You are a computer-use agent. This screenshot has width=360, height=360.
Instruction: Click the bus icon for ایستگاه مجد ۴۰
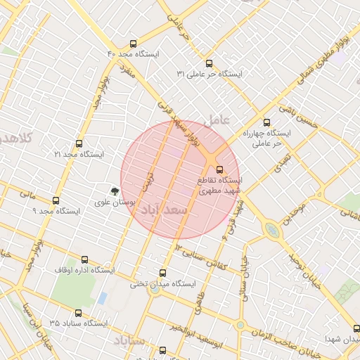(x=133, y=44)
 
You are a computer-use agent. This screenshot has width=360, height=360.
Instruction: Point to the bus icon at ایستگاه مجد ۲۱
(x=78, y=143)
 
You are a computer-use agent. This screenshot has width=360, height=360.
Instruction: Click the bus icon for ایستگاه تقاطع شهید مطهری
(x=219, y=169)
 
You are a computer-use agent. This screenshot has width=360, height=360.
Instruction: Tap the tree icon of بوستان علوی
(x=115, y=190)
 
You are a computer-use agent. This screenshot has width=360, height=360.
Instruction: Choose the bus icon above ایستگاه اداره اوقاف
(x=85, y=259)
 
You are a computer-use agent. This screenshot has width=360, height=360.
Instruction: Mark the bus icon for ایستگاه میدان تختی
(x=163, y=274)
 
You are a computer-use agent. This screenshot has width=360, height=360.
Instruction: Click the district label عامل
(x=217, y=120)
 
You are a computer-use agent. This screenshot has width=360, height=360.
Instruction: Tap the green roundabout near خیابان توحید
(x=271, y=230)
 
